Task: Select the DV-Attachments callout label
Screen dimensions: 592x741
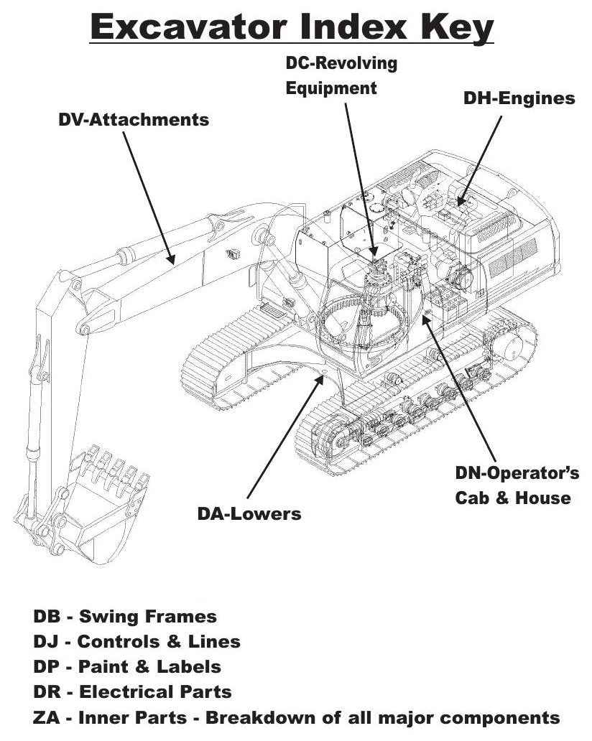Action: pyautogui.click(x=134, y=120)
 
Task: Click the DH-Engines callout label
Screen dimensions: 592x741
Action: pyautogui.click(x=519, y=98)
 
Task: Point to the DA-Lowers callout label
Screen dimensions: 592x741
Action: pyautogui.click(x=249, y=513)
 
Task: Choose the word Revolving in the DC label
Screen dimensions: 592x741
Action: pyautogui.click(x=355, y=63)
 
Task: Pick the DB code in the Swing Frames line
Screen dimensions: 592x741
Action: pyautogui.click(x=47, y=616)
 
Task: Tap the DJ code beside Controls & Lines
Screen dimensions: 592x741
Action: pyautogui.click(x=46, y=641)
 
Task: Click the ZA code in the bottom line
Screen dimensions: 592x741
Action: pyautogui.click(x=46, y=717)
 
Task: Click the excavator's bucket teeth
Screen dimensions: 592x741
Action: pyautogui.click(x=113, y=470)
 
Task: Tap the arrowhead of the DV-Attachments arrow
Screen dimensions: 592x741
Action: pyautogui.click(x=171, y=259)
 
